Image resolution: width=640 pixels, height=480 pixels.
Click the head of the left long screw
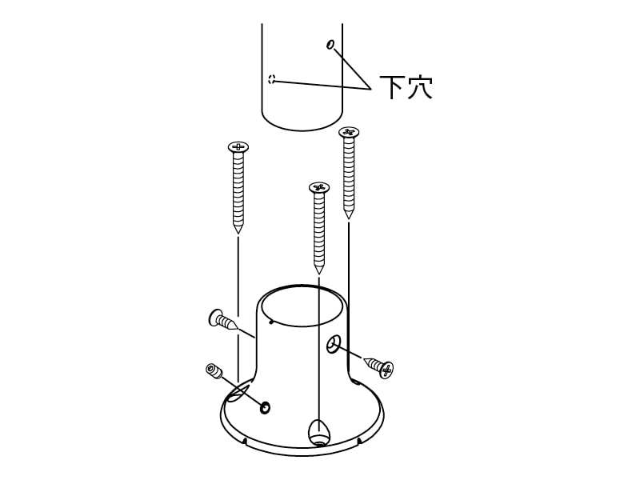[238, 146]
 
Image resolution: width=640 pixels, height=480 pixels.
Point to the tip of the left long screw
[238, 233]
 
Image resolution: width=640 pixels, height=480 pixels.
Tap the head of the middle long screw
[318, 187]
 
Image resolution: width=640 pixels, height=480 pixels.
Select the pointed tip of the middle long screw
[318, 273]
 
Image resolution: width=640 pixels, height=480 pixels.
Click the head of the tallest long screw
[349, 131]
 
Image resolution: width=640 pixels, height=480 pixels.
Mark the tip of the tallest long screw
[348, 218]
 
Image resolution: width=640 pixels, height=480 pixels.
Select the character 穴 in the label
[419, 87]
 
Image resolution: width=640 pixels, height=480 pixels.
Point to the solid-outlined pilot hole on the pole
[330, 44]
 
